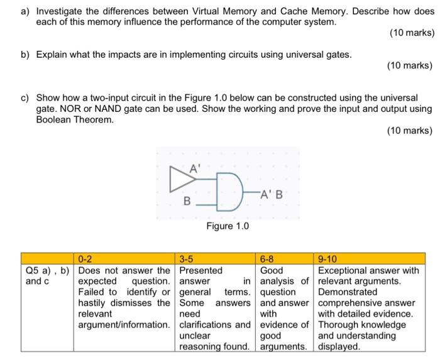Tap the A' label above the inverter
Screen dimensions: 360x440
coord(195,167)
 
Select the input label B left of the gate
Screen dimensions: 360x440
coord(186,202)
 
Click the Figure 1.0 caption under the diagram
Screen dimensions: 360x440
coord(228,226)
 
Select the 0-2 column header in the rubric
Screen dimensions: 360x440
coord(85,258)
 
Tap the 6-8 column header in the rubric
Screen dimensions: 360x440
coord(268,258)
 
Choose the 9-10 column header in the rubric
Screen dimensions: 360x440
coord(328,258)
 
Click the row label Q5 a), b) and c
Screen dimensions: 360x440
coord(47,276)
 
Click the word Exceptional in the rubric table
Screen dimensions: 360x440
coord(343,271)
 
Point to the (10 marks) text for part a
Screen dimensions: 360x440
coord(412,33)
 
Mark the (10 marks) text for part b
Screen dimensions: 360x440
coord(410,65)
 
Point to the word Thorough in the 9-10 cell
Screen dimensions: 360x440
coord(339,325)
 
